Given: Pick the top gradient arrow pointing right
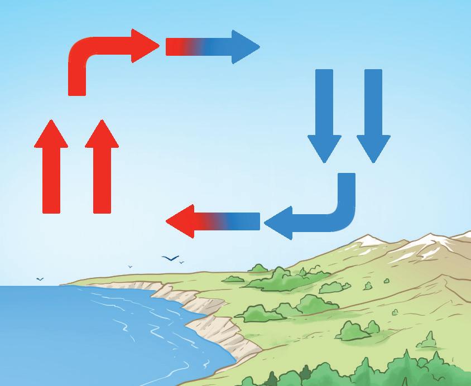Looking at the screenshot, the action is click(x=212, y=47).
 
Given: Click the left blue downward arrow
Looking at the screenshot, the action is click(x=324, y=112).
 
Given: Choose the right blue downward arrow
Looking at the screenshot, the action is click(x=373, y=112).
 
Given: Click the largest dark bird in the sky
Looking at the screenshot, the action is click(x=170, y=258).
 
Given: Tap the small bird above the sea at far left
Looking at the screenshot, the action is click(x=40, y=278).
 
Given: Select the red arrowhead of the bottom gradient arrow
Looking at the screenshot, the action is click(x=181, y=221).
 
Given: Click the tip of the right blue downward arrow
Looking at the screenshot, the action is click(x=373, y=161).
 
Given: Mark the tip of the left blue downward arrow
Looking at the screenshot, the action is click(x=324, y=161).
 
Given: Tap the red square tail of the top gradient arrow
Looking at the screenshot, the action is click(x=174, y=47).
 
